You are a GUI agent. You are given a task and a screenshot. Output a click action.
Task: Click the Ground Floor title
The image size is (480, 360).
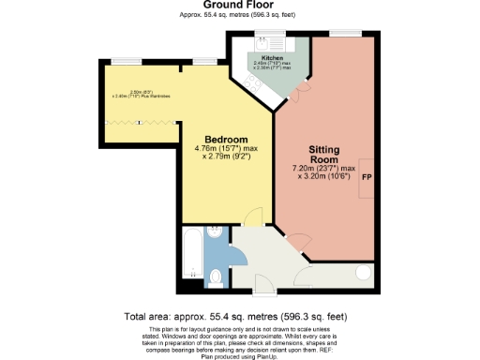239,7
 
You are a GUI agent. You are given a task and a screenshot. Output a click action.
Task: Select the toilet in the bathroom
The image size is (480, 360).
217,277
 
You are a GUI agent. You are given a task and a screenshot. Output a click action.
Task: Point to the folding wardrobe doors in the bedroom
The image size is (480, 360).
141,122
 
